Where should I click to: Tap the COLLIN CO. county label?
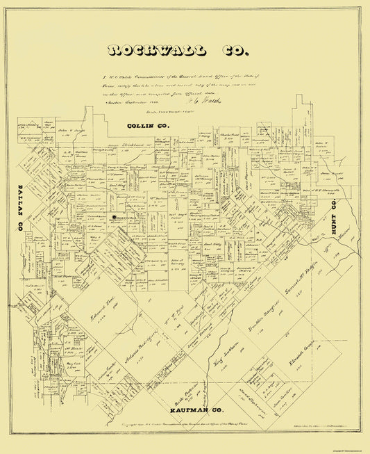click(x=149, y=125)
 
